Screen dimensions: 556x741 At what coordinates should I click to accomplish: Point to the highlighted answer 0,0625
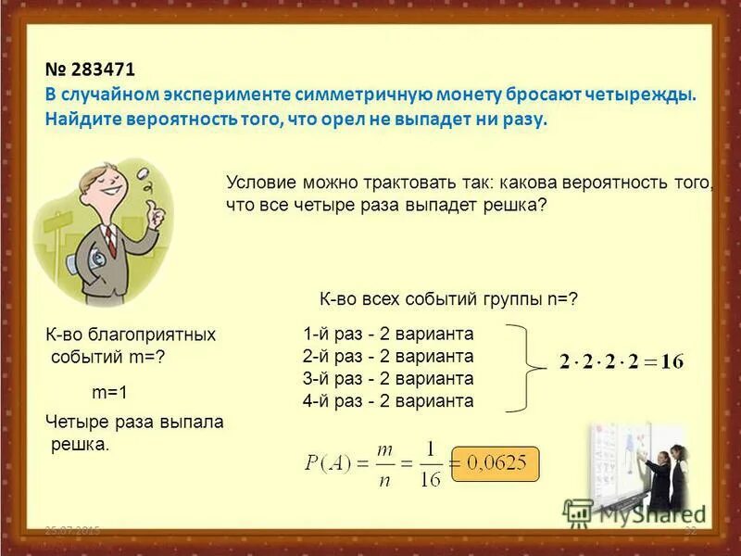point(495,461)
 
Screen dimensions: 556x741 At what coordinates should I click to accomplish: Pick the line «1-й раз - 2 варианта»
point(388,334)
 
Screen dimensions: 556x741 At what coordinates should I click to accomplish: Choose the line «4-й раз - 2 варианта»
point(388,401)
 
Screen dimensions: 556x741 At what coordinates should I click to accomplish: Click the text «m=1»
point(109,392)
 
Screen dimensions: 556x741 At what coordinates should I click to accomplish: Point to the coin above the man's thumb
point(145,173)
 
